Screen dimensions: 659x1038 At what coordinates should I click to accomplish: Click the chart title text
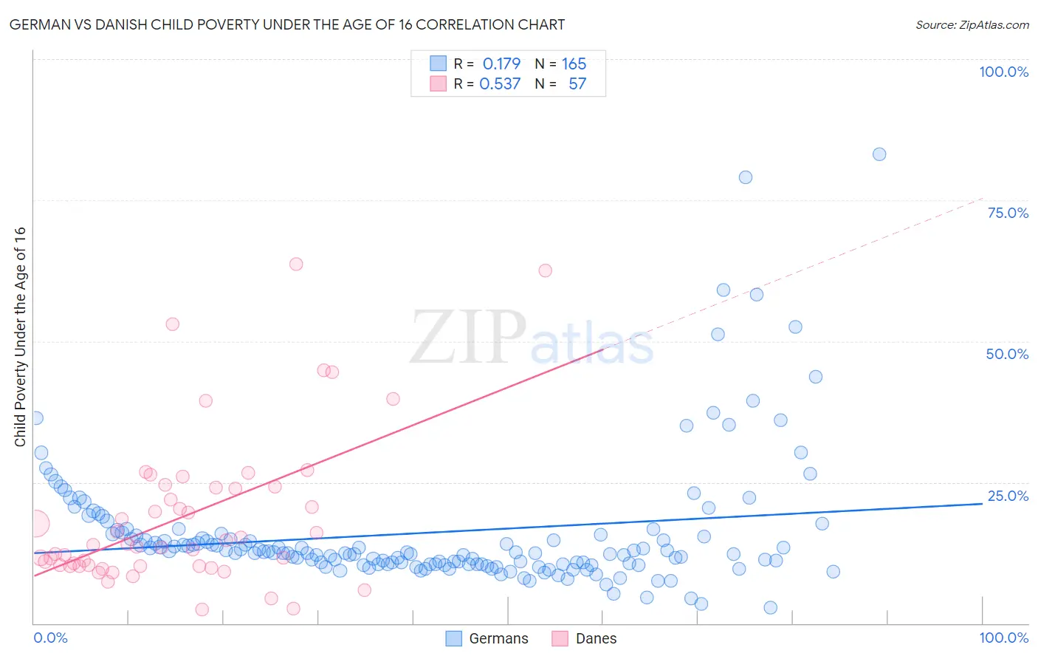tap(286, 25)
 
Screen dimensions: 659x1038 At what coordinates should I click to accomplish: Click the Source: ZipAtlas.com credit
tap(972, 25)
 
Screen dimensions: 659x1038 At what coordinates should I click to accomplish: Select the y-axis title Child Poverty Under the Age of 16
tap(21, 336)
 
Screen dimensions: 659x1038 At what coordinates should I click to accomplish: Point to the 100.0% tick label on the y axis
tap(1003, 72)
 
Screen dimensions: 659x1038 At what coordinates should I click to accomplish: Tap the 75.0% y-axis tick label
tap(1008, 213)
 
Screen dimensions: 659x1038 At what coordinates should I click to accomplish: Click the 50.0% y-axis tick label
tap(1007, 354)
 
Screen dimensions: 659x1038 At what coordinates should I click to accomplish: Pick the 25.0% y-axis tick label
tap(1008, 496)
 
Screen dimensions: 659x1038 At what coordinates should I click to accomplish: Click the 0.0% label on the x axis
tap(50, 638)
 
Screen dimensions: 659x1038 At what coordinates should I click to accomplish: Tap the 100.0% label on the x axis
tap(1003, 638)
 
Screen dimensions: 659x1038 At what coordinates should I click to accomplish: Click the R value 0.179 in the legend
tap(501, 64)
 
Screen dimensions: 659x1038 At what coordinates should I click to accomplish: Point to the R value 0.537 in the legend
tap(500, 83)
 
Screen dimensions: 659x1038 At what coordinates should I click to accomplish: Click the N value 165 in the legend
tap(574, 64)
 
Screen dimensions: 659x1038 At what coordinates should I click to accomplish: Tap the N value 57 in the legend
tap(577, 83)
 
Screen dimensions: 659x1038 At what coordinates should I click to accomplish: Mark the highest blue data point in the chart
tap(879, 154)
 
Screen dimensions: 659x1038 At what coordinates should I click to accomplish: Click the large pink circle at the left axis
tap(35, 524)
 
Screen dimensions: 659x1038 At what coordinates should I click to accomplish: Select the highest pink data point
tap(296, 264)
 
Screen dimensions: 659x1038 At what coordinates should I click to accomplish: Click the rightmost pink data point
tap(545, 270)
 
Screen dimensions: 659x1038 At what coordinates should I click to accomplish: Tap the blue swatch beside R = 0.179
tap(439, 64)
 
